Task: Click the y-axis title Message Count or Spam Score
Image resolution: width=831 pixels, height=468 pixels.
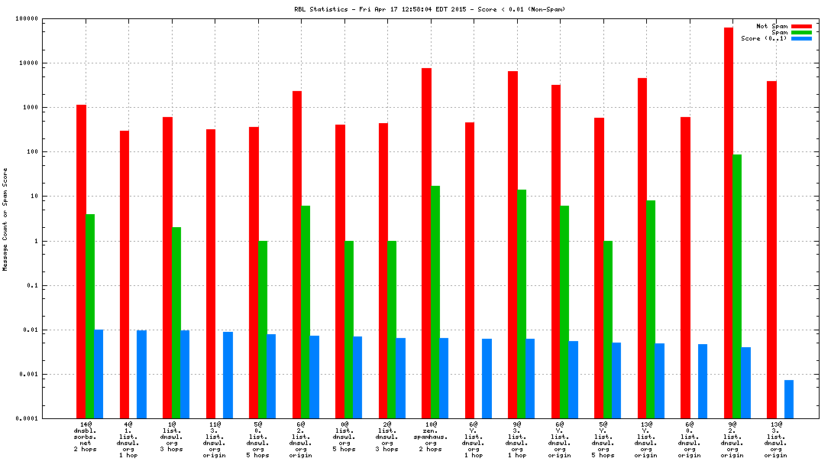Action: tap(5, 219)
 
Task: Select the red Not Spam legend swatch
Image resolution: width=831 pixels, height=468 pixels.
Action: tap(801, 26)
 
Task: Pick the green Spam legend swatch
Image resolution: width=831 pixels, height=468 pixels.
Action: tap(801, 32)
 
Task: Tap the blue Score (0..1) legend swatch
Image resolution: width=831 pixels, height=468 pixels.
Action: tap(801, 38)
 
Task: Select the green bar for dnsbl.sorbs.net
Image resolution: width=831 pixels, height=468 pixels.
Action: tap(90, 316)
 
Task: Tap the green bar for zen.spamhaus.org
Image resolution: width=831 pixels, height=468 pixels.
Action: tap(435, 302)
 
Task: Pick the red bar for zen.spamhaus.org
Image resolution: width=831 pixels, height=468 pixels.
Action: tap(426, 243)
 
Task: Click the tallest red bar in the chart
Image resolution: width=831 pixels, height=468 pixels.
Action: tap(729, 223)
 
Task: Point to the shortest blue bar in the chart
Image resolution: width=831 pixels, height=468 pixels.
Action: tap(789, 399)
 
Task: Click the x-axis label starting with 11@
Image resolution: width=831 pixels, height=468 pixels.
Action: tap(215, 440)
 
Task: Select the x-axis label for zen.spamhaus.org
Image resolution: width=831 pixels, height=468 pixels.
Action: tap(431, 440)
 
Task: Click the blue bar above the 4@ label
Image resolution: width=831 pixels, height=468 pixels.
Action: tap(141, 374)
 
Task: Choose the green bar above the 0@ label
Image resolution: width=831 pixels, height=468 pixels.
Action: tap(349, 330)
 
